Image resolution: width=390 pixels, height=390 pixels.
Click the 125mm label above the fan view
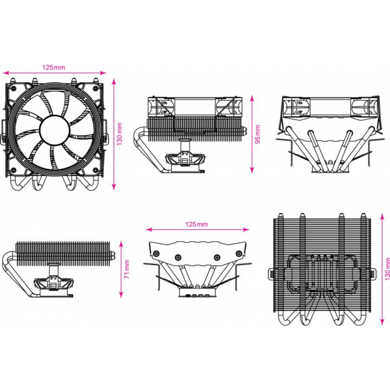[x=53, y=67]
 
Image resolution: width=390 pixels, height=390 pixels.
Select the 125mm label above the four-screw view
[x=197, y=224]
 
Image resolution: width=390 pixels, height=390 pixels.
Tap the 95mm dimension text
[x=258, y=134]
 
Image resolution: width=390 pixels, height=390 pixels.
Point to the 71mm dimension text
[x=127, y=269]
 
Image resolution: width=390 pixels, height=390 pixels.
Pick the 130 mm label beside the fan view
[x=120, y=134]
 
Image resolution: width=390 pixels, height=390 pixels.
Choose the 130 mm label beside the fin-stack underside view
[x=387, y=269]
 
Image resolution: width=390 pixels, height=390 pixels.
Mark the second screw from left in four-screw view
[x=178, y=257]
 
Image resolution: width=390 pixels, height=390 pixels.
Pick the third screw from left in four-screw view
[x=217, y=257]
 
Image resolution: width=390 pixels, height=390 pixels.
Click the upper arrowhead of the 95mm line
[x=252, y=97]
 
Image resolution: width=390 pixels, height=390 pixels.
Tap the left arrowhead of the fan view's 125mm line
[x=5, y=72]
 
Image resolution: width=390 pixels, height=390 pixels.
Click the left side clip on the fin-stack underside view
[x=272, y=273]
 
